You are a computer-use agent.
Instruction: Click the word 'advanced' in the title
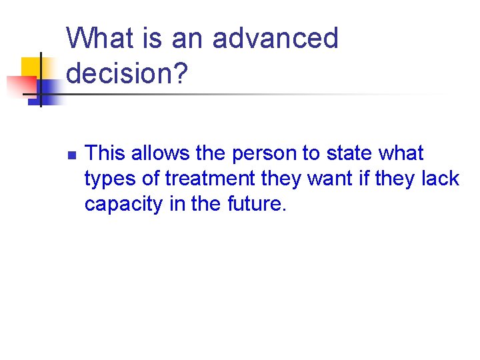(276, 39)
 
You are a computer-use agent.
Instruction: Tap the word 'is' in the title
(151, 39)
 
